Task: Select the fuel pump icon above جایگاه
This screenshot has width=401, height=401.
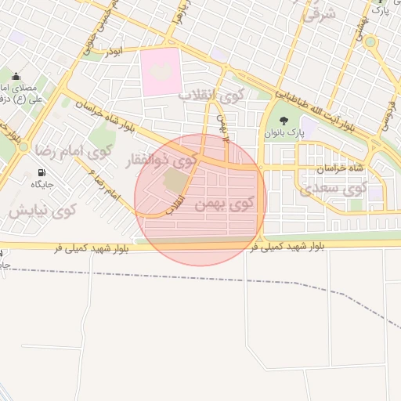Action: coord(41,172)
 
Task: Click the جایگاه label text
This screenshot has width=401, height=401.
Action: coord(41,185)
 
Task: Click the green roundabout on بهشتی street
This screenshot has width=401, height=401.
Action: coord(370,42)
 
